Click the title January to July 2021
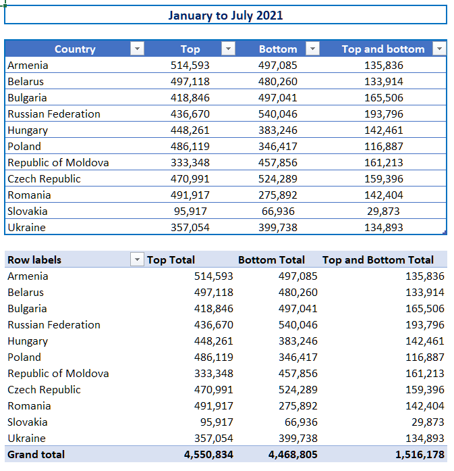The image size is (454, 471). (x=225, y=16)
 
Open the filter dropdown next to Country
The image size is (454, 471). (x=138, y=49)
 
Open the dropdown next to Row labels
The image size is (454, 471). (x=137, y=259)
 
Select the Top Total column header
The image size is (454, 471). (x=171, y=260)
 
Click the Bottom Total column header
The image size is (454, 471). (x=271, y=260)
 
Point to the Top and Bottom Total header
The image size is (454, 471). (x=378, y=260)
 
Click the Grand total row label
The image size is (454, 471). (x=36, y=455)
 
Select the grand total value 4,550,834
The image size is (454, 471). (x=208, y=455)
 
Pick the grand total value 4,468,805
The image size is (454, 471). (x=293, y=455)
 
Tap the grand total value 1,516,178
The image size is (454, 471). (x=420, y=455)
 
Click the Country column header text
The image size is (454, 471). (x=75, y=49)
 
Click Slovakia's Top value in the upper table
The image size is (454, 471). (x=190, y=211)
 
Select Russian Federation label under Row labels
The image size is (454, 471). (x=54, y=325)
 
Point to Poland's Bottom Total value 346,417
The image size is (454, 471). (x=298, y=357)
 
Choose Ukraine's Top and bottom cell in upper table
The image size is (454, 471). (x=384, y=227)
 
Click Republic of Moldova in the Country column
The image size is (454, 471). (x=58, y=162)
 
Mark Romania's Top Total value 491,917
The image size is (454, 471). (x=213, y=406)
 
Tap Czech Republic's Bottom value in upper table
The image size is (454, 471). (x=278, y=178)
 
